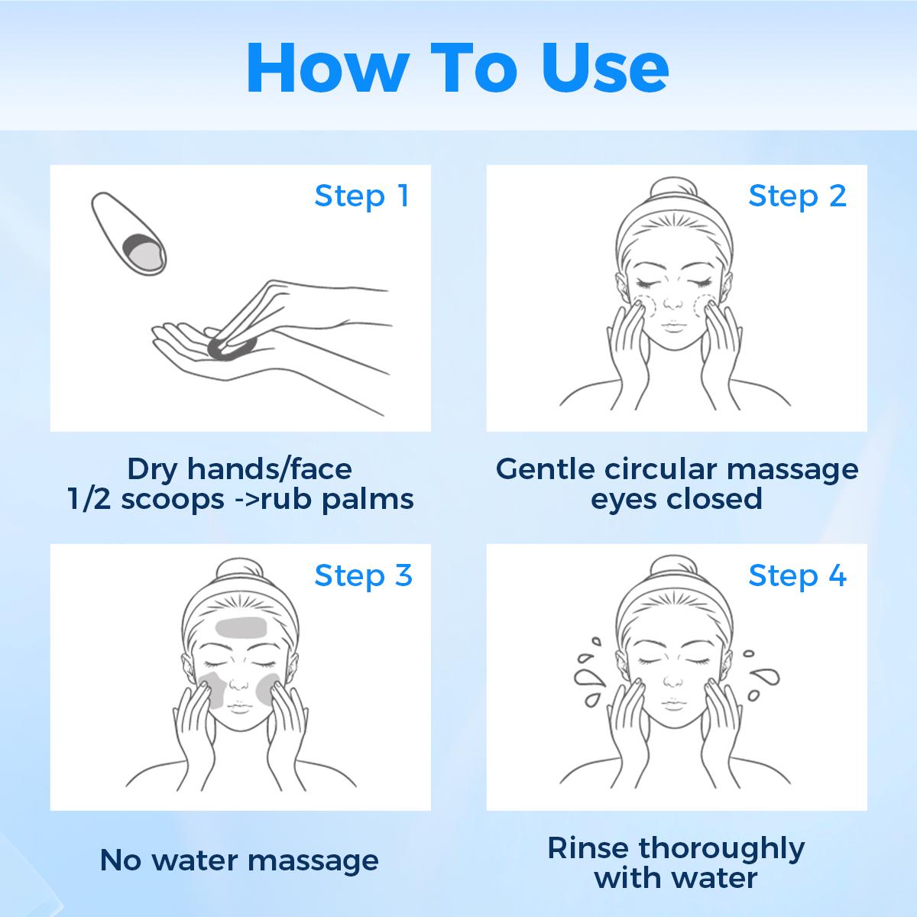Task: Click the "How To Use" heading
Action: point(457,67)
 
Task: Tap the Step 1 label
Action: point(361,196)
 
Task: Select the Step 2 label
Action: point(798,196)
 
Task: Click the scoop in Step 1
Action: point(128,234)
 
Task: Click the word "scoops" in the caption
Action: point(173,501)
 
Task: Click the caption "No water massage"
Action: point(239,860)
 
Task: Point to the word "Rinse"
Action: point(588,848)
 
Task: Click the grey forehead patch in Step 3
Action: point(241,627)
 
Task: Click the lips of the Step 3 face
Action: point(240,706)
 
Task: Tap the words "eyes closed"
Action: point(676,500)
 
